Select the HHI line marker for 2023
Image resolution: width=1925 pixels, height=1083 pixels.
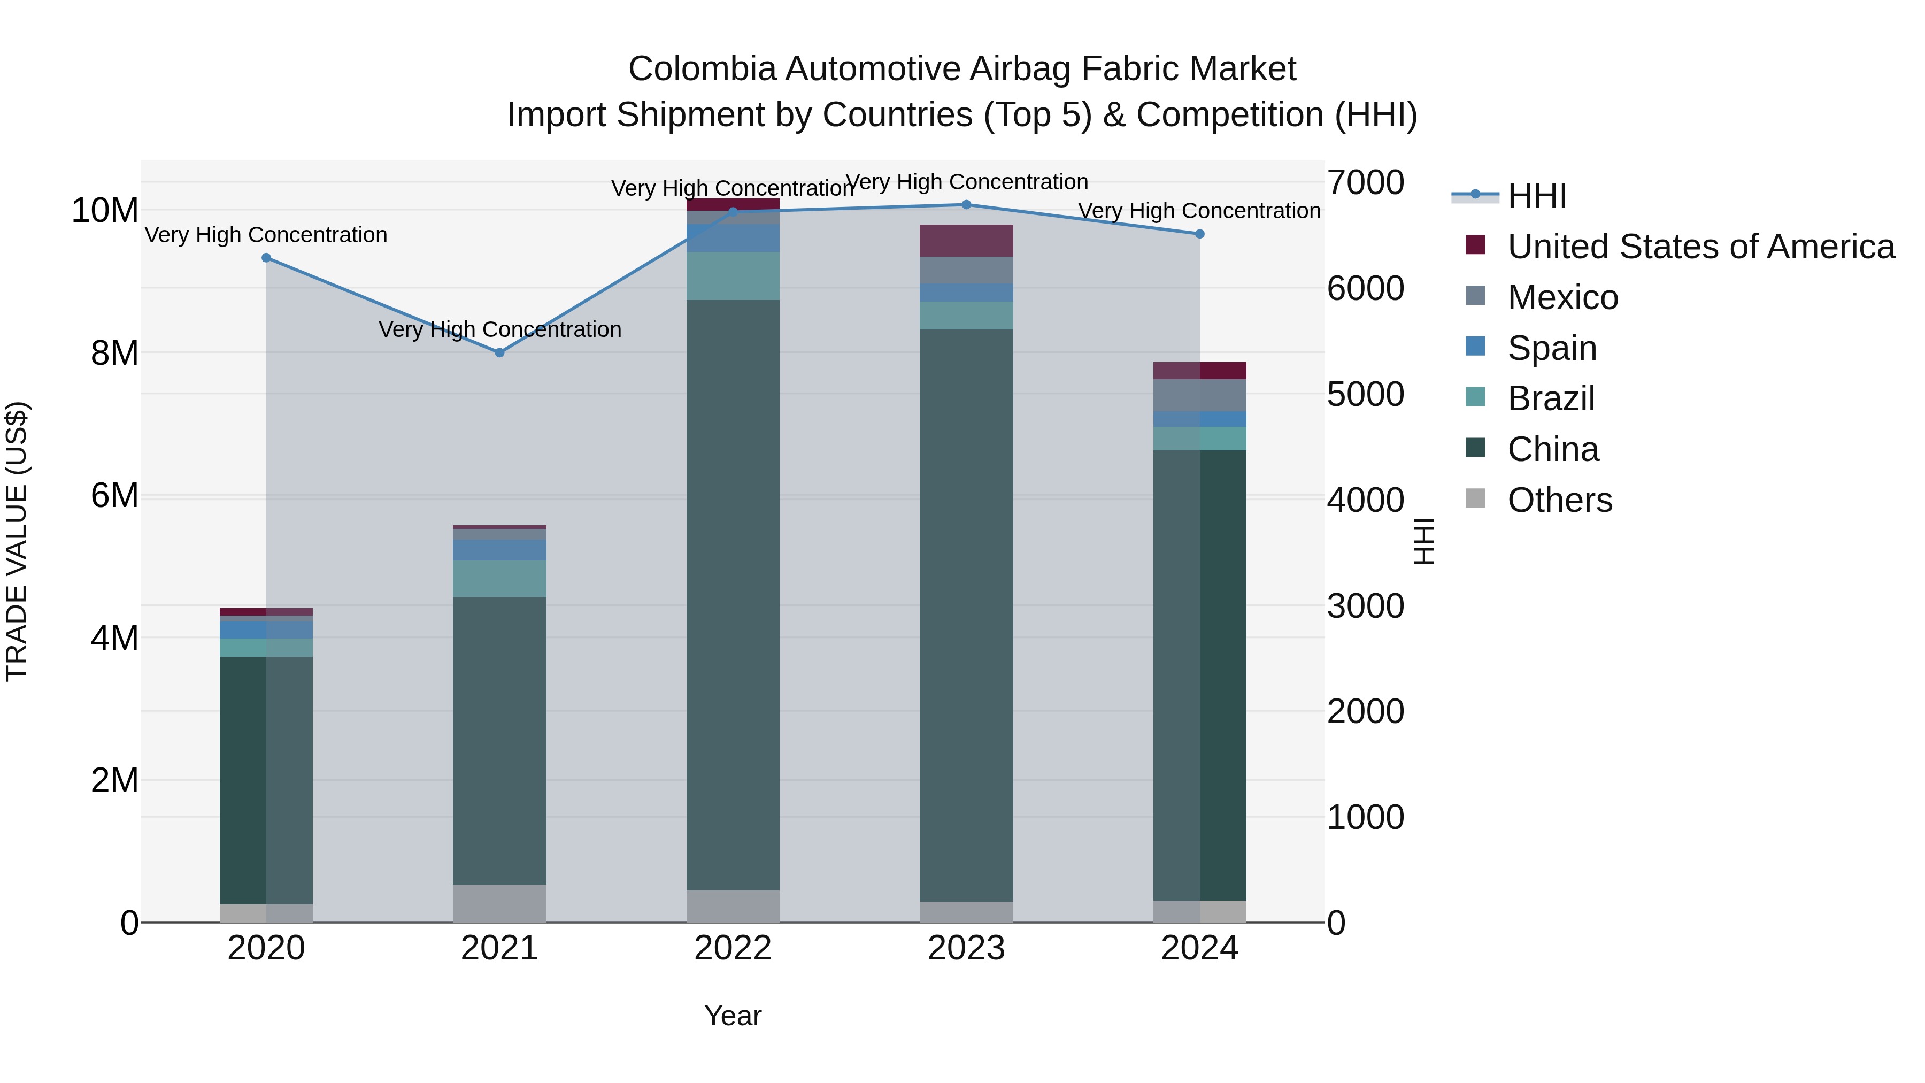click(x=966, y=204)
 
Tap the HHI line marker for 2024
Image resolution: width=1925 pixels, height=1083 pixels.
click(x=1199, y=234)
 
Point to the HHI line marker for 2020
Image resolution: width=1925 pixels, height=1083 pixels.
click(x=266, y=258)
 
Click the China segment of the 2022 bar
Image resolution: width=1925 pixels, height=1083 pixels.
click(x=733, y=594)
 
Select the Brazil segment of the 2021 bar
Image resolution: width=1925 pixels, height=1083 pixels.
click(x=499, y=579)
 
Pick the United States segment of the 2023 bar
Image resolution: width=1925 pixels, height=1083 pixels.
click(x=966, y=241)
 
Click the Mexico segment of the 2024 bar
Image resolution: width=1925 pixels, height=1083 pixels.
click(x=1199, y=395)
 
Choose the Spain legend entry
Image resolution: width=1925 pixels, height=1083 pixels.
click(x=1551, y=348)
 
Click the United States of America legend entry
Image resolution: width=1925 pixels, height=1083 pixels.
click(x=1700, y=247)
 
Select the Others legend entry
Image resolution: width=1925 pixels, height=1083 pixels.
click(x=1559, y=500)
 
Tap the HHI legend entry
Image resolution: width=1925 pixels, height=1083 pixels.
click(x=1536, y=196)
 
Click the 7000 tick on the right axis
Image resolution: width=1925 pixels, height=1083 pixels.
click(x=1365, y=182)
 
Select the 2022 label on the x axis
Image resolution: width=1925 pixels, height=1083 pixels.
click(x=733, y=948)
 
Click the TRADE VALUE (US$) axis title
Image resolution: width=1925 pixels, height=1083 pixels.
click(x=17, y=541)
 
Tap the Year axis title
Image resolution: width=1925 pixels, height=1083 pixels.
click(x=733, y=1016)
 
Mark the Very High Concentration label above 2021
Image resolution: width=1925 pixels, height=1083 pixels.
click(x=500, y=329)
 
